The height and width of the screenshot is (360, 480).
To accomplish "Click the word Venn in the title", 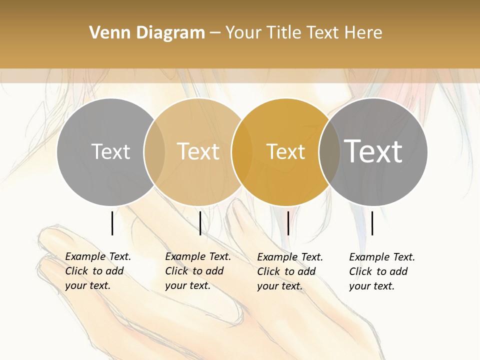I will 107,32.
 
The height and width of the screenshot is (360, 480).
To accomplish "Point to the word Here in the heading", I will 363,32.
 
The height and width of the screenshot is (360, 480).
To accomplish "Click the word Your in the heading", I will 243,32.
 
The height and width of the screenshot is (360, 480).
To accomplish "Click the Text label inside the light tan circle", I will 198,151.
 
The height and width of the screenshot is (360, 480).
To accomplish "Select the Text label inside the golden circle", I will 285,151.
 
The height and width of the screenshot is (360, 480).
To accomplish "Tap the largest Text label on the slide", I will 373,151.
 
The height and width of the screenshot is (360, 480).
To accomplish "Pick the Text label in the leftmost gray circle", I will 110,151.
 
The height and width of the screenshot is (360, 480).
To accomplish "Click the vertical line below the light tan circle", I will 200,223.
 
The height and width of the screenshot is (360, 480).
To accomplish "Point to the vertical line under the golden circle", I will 288,223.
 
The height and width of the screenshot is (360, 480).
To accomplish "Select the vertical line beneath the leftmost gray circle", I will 112,223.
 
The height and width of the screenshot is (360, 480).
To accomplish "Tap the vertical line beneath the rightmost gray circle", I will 372,223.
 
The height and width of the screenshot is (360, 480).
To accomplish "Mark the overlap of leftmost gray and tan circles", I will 154,151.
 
